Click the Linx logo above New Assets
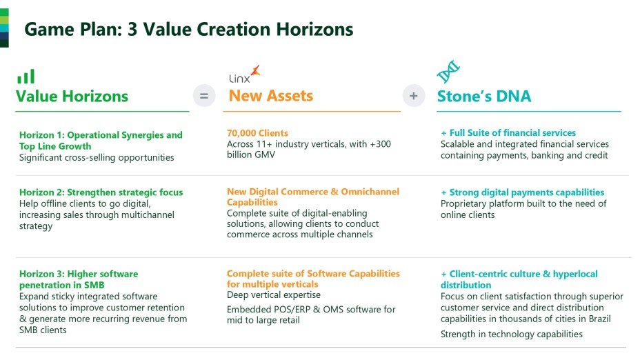point(244,74)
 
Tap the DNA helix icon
point(448,72)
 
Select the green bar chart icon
point(26,77)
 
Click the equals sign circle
point(203,96)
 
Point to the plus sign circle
point(414,96)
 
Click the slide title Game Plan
point(188,30)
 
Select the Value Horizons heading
point(72,97)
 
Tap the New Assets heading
point(270,95)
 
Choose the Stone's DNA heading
point(484,97)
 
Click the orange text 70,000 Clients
point(257,133)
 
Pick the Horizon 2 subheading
point(101,192)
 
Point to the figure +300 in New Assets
point(381,144)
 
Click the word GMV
point(265,154)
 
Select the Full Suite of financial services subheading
point(508,132)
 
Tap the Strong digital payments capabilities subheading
point(523,192)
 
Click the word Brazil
point(599,319)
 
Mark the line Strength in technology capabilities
point(512,334)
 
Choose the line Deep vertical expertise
point(274,294)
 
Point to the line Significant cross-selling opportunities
point(97,157)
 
